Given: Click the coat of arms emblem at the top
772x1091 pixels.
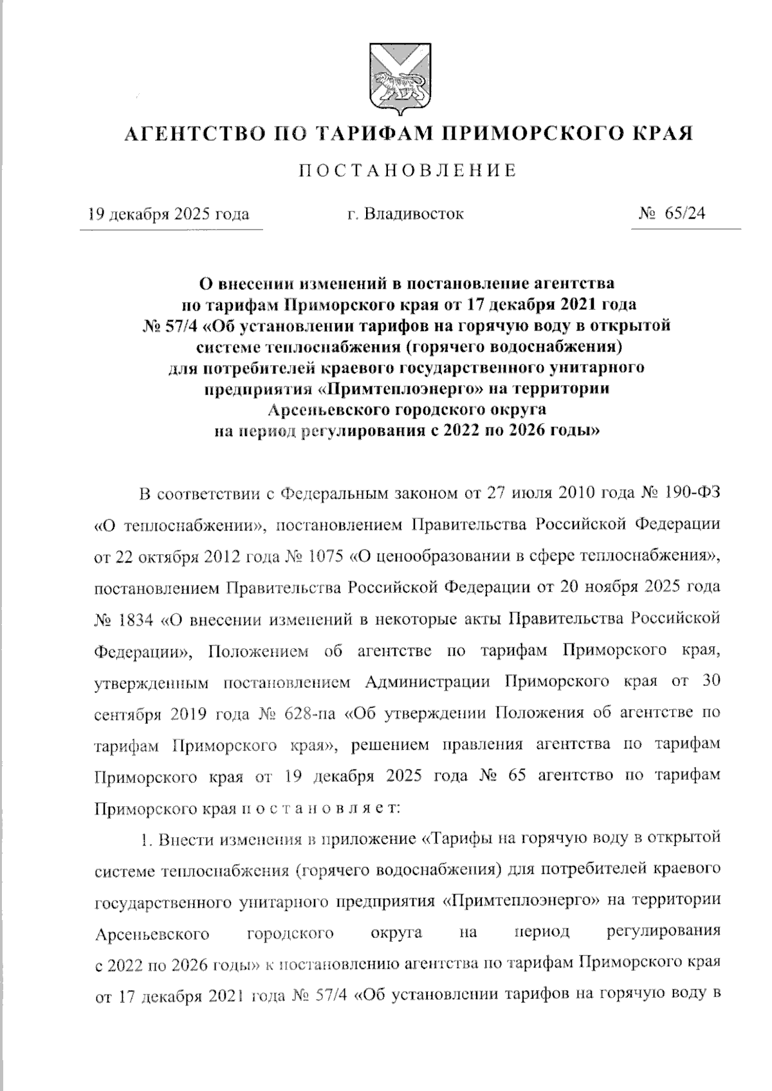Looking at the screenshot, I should coord(399,78).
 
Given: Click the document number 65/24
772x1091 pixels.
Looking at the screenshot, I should coord(686,214).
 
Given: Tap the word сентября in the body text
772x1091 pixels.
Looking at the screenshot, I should coord(128,714).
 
